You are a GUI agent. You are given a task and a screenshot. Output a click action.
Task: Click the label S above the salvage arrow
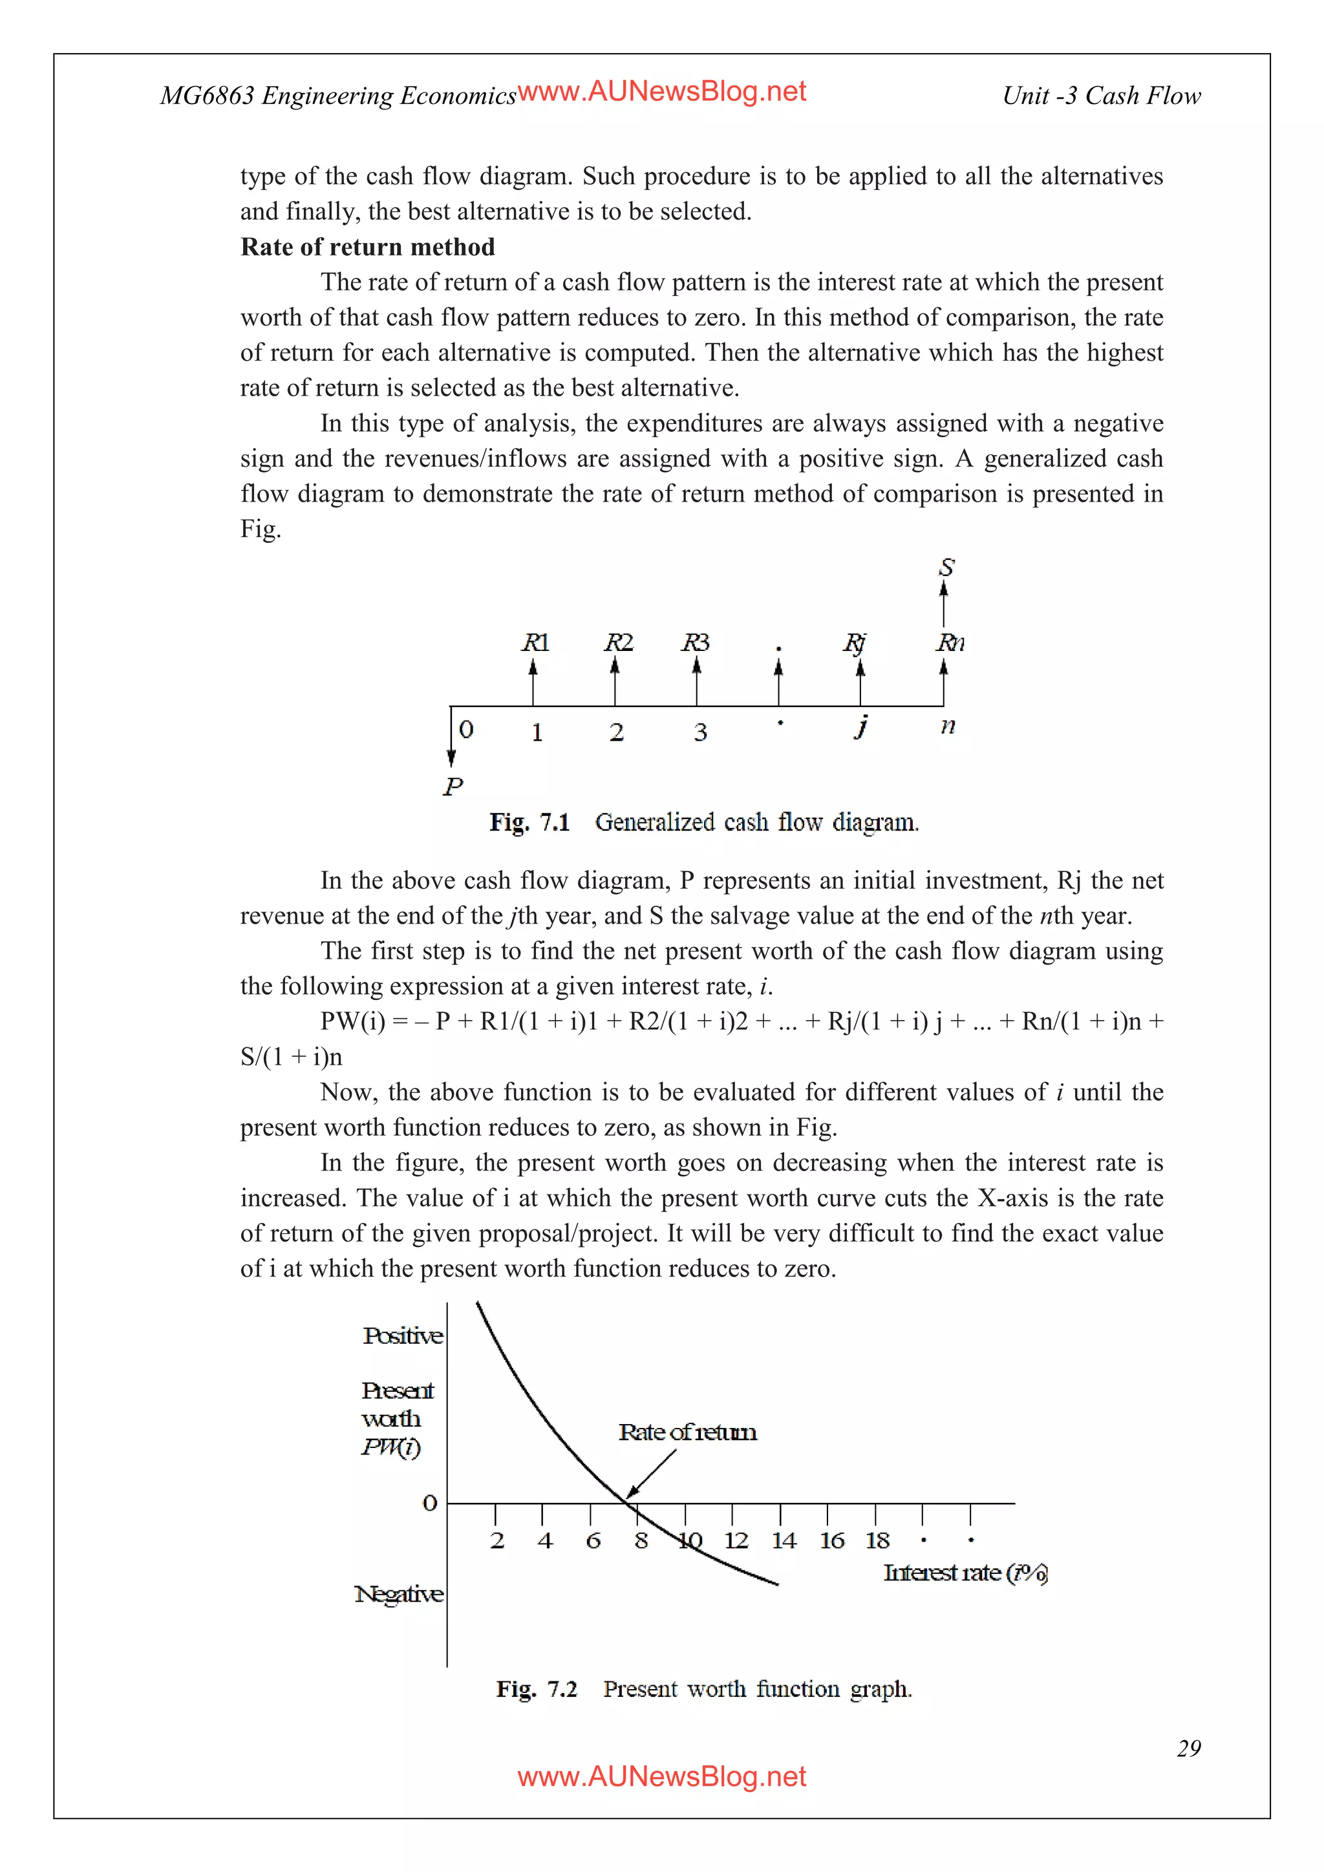[x=946, y=568]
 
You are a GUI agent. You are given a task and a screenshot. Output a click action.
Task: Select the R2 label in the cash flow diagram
[x=618, y=643]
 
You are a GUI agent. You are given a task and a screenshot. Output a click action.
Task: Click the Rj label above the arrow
[x=855, y=643]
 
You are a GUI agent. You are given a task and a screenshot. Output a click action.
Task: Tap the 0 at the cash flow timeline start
[x=466, y=729]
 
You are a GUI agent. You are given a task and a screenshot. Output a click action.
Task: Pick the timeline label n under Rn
[x=947, y=726]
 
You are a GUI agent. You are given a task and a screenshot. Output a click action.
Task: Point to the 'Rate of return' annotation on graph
[x=687, y=1432]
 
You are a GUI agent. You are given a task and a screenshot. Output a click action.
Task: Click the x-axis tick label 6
[x=593, y=1540]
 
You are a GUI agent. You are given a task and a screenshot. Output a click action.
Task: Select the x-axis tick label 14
[x=784, y=1540]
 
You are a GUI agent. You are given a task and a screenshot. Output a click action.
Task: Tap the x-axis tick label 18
[x=878, y=1540]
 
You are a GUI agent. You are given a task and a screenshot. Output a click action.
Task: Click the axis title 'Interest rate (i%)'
[x=965, y=1572]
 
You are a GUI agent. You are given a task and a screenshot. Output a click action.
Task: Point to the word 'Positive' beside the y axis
[x=403, y=1335]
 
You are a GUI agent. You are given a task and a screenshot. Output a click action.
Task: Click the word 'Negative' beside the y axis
[x=399, y=1593]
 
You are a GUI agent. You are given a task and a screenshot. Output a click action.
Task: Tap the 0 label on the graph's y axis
[x=430, y=1503]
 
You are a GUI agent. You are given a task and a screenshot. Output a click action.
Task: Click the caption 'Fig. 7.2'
[x=536, y=1688]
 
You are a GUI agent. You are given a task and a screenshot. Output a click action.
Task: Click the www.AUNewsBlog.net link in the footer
[x=661, y=1776]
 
